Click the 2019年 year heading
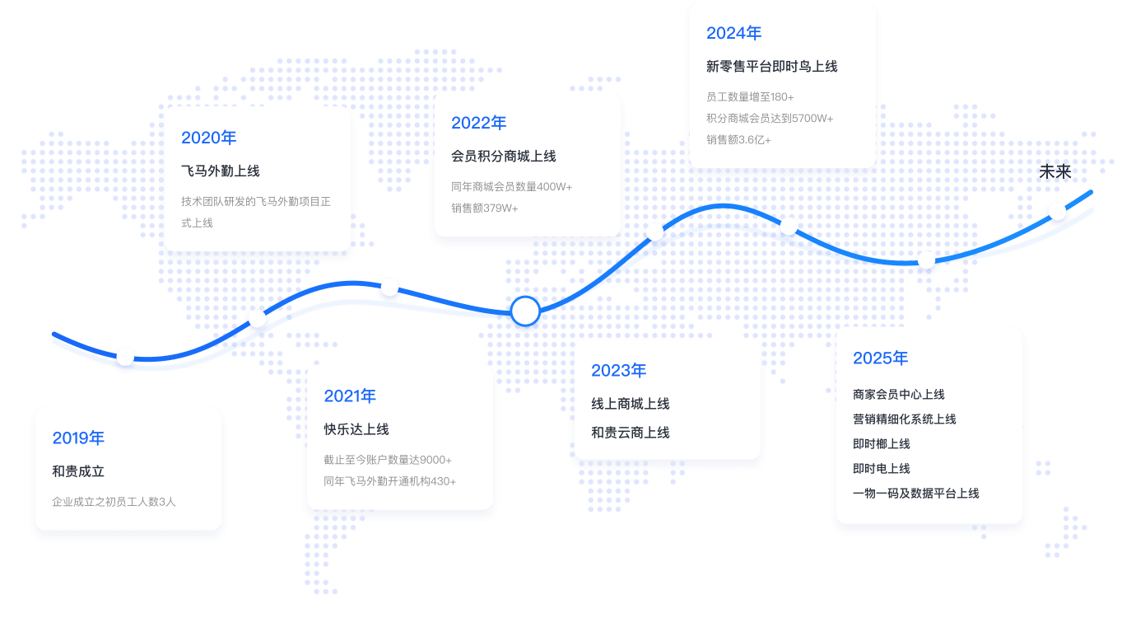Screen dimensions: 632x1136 coord(78,438)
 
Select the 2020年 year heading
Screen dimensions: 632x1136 coord(208,138)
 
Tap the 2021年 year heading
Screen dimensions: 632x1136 coord(350,396)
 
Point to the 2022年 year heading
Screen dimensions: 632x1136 coord(478,123)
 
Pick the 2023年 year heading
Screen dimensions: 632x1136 coord(618,371)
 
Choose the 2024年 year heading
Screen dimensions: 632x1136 coord(733,33)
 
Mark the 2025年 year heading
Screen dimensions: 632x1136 coord(880,358)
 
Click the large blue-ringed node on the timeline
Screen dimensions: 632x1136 coord(525,311)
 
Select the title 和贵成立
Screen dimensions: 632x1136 coord(78,472)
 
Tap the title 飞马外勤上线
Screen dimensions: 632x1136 coord(220,171)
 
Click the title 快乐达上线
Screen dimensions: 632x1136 coord(356,429)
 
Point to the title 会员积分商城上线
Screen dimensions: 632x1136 coord(504,157)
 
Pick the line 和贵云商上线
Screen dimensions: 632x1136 coord(630,433)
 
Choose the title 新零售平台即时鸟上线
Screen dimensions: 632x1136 coord(771,67)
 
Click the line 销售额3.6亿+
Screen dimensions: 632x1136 coord(738,140)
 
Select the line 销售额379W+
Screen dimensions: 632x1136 coord(485,208)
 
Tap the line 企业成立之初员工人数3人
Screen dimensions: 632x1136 coord(114,502)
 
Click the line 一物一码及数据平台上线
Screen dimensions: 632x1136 coord(916,494)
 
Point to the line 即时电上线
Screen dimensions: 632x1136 coord(882,469)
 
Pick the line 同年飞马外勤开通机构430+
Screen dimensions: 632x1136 coord(390,481)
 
